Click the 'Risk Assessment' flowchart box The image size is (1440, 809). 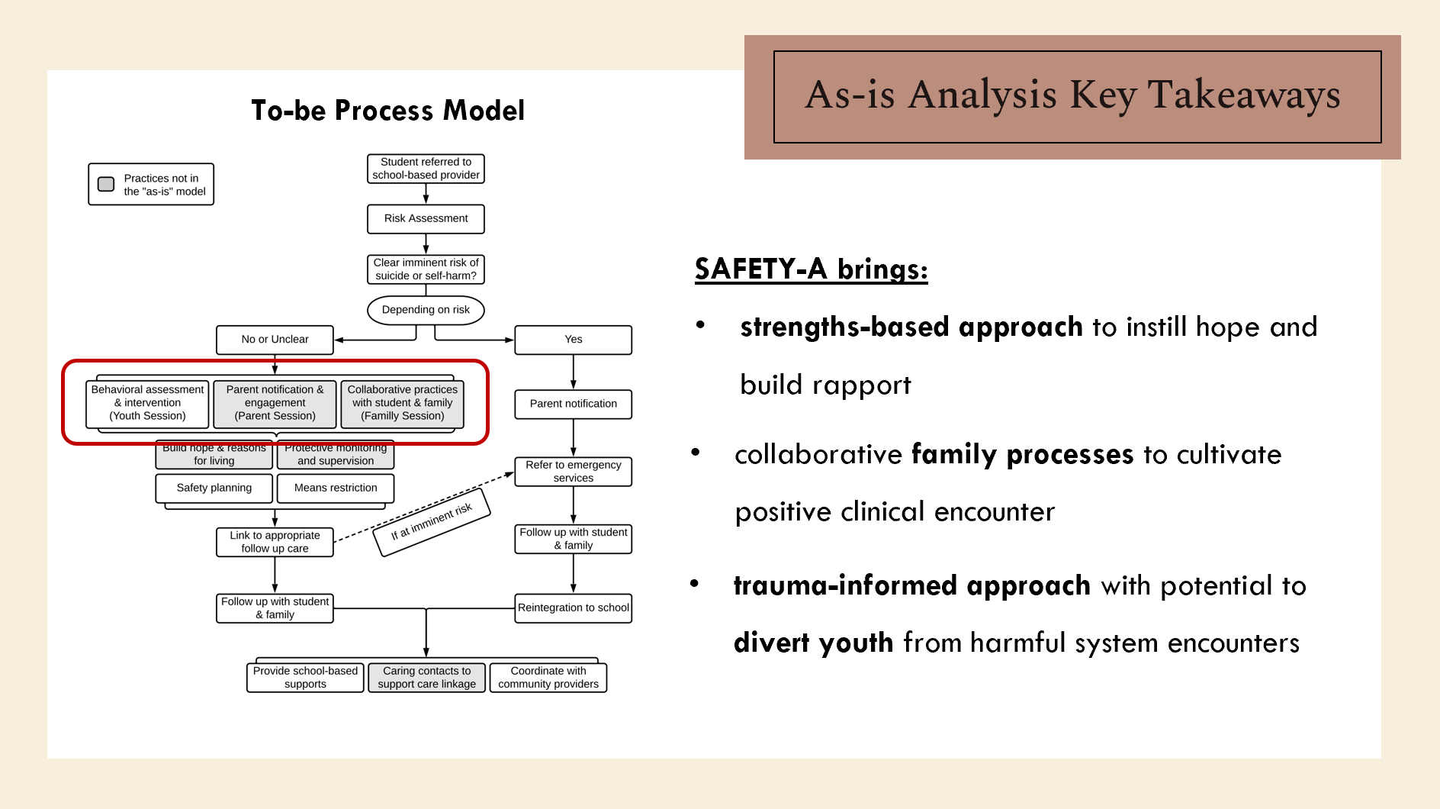[426, 218]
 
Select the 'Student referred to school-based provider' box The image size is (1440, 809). [426, 169]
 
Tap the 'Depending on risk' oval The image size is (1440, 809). [426, 310]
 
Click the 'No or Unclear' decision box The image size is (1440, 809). [275, 340]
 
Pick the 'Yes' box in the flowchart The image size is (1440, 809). [573, 340]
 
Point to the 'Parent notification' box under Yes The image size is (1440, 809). [573, 404]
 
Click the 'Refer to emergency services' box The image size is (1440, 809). [573, 472]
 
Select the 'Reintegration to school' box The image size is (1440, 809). [573, 608]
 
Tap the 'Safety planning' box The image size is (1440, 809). [214, 488]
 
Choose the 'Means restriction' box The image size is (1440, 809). [336, 488]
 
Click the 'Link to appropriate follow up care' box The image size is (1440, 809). [275, 542]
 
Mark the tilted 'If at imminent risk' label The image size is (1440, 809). [432, 522]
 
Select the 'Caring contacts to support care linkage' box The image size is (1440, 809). [426, 678]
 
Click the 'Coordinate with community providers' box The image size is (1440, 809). [548, 678]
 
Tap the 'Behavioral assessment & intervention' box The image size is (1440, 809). [147, 403]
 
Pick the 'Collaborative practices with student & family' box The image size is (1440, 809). [402, 403]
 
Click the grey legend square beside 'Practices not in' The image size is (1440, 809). [106, 184]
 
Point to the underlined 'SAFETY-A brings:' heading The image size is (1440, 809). [811, 269]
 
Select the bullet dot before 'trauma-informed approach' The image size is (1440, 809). [694, 584]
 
